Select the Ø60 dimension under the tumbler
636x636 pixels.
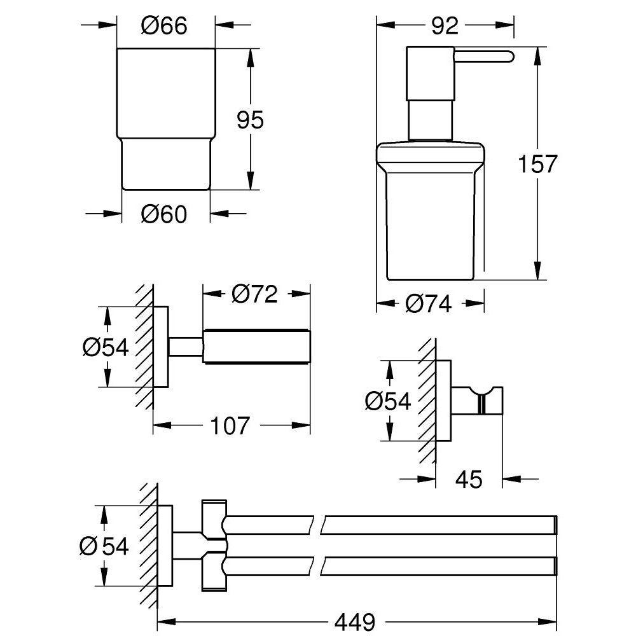(x=164, y=215)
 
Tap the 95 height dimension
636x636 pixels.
(x=250, y=119)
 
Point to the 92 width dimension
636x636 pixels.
(x=444, y=26)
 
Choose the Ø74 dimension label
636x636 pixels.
(x=429, y=305)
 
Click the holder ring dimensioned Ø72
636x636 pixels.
(x=257, y=347)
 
